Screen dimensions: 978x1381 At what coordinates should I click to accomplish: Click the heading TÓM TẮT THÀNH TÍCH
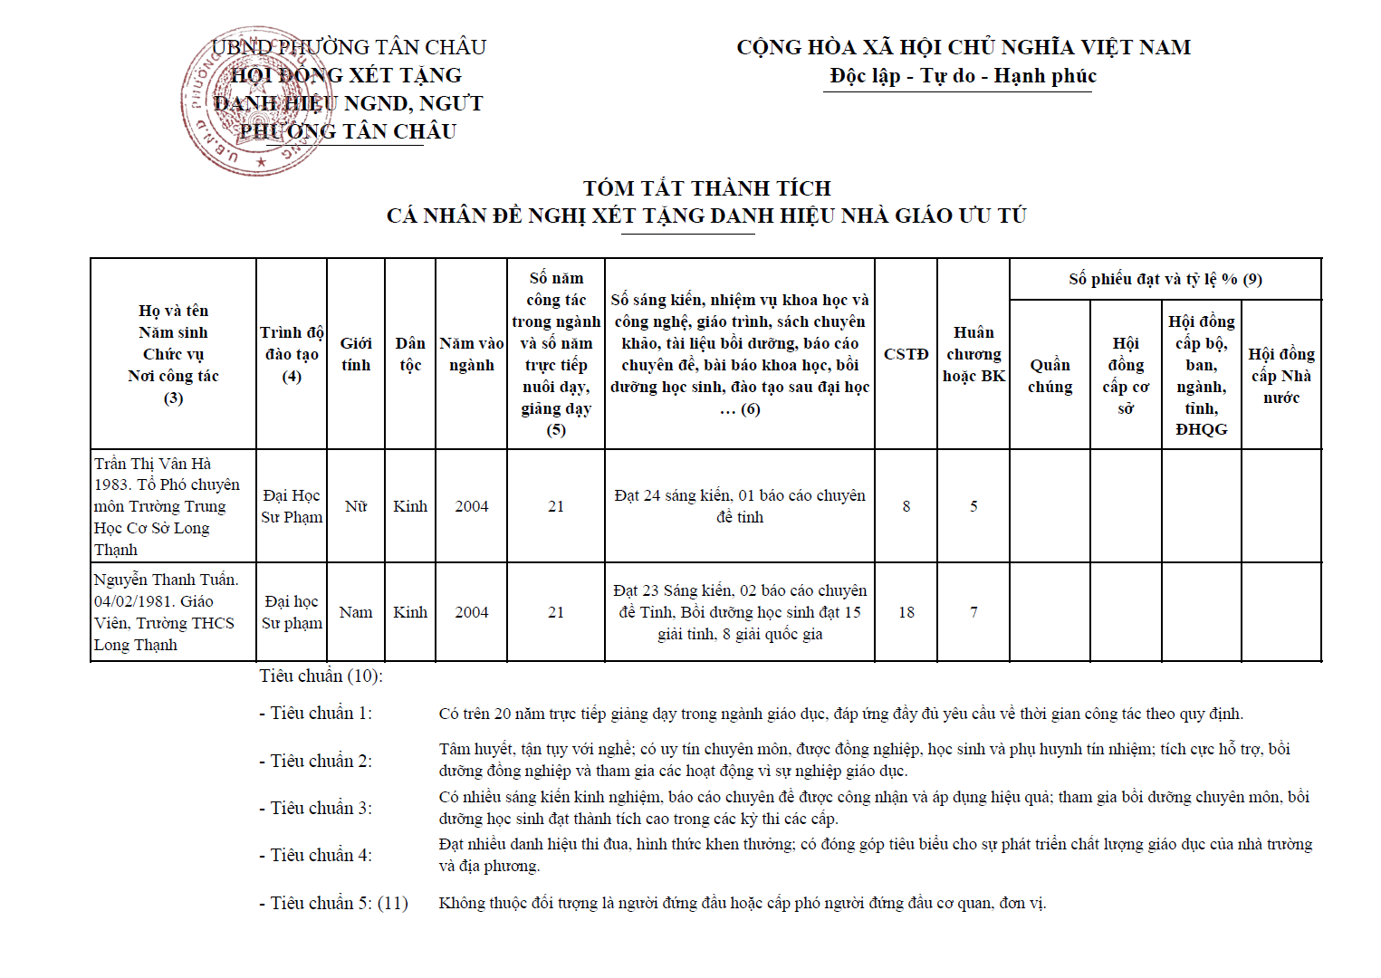706,188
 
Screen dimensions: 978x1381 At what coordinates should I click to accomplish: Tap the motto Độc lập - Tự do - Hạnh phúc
963,76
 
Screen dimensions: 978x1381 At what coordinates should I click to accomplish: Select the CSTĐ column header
906,354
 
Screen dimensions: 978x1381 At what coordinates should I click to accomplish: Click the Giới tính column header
356,354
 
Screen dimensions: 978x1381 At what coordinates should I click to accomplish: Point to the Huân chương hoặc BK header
973,354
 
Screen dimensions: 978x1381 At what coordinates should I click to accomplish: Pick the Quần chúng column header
1050,376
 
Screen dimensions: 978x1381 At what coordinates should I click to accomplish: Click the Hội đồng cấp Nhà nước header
1280,376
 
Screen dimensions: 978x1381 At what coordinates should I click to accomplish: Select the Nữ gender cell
356,506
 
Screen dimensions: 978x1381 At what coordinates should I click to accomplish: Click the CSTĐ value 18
906,612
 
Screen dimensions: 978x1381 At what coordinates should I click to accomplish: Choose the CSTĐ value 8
906,506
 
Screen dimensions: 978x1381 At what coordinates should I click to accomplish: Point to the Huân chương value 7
973,612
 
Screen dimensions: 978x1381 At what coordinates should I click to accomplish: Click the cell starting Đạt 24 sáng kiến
739,506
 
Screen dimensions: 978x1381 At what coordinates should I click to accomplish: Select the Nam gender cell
356,612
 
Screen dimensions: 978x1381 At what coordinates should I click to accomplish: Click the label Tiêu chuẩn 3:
321,808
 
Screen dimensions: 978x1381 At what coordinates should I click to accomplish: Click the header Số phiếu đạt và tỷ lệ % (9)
1165,279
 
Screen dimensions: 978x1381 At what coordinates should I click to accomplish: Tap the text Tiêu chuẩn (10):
321,676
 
